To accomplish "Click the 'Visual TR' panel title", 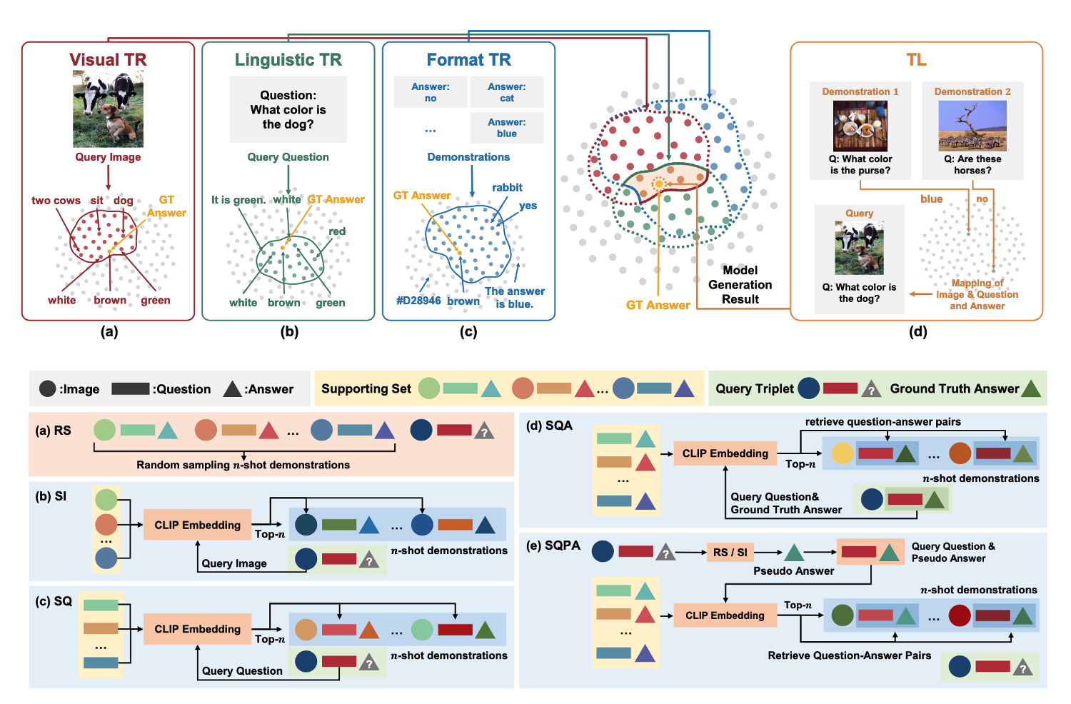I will tap(108, 60).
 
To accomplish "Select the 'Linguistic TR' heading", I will tap(288, 60).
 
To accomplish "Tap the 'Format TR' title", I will tap(468, 60).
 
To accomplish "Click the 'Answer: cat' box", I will tap(507, 92).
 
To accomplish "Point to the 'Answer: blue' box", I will tap(507, 128).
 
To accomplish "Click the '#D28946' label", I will tap(418, 301).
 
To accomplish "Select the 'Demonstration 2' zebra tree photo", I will tap(972, 126).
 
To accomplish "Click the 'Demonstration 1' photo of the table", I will tap(860, 126).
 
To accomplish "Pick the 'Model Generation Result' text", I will tap(740, 285).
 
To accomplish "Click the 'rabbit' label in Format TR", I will tap(507, 188).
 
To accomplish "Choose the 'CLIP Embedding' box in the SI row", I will tap(198, 525).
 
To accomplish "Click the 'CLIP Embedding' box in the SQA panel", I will tap(725, 453).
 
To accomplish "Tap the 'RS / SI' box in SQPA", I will tap(730, 552).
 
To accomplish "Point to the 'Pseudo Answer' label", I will tap(793, 571).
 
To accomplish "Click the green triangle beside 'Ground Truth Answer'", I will tap(1031, 388).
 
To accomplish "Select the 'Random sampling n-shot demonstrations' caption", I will tap(243, 465).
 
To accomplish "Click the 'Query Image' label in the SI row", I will tap(234, 563).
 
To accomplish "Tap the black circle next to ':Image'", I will tap(48, 388).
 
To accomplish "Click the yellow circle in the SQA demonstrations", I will tap(843, 453).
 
